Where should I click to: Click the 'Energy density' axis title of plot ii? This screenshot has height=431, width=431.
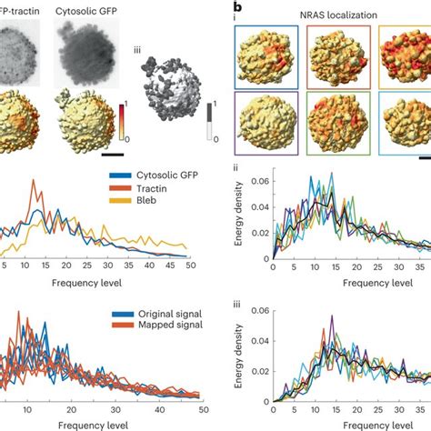(238, 213)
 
